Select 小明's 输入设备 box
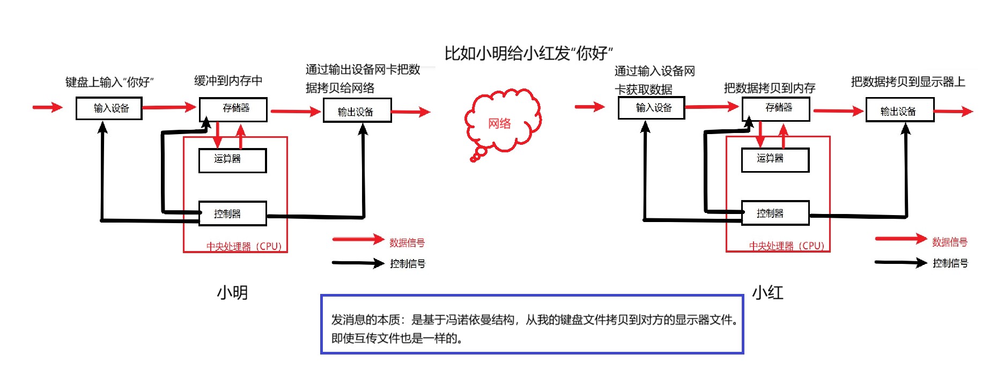(109, 108)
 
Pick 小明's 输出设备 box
(357, 111)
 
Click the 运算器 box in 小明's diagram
(232, 160)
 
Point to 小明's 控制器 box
(232, 213)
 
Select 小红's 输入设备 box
(651, 108)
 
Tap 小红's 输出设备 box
(899, 110)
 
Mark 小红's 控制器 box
(775, 213)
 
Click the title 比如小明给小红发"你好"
(528, 53)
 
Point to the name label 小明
(232, 292)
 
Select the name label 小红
(767, 292)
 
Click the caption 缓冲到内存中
(228, 81)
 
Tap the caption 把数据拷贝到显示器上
(907, 82)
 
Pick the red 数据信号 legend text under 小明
(407, 242)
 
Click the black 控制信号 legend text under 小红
(950, 263)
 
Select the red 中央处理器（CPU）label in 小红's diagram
(786, 246)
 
